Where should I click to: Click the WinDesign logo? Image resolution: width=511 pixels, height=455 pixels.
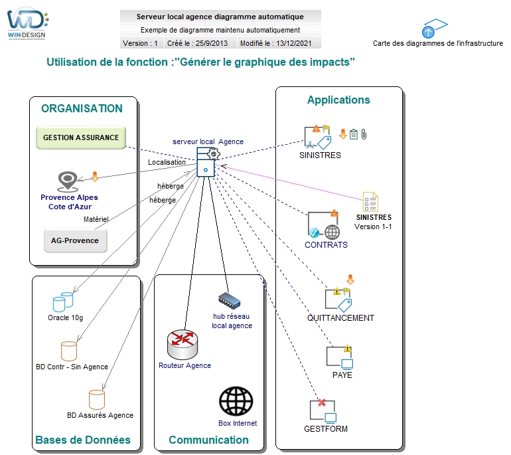tap(27, 23)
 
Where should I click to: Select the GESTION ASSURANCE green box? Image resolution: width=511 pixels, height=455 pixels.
tap(81, 137)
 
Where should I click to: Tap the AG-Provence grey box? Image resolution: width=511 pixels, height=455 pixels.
tap(75, 240)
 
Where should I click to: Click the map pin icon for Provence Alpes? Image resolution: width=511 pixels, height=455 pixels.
tap(68, 181)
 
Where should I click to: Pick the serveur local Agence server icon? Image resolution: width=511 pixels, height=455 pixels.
tap(207, 162)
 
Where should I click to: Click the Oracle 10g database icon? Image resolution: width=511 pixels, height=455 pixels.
tap(63, 302)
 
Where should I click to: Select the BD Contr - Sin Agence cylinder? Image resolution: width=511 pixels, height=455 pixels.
tap(69, 351)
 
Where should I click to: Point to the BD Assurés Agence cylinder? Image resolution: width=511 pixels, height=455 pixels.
tap(97, 400)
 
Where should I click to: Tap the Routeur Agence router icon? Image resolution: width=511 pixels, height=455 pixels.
tap(183, 345)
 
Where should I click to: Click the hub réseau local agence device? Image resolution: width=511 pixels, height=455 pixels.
tap(229, 301)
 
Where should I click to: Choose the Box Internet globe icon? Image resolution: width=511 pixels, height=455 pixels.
tap(236, 401)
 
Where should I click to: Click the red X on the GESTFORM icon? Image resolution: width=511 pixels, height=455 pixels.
tap(322, 403)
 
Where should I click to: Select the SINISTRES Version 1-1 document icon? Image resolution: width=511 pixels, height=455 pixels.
tap(370, 201)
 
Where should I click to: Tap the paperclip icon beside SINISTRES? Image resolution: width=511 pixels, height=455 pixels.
tap(364, 134)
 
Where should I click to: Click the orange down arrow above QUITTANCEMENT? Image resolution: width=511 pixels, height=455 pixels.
tap(350, 279)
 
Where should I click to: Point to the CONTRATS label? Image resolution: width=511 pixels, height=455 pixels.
tap(327, 244)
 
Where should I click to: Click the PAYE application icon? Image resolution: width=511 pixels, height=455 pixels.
tap(340, 357)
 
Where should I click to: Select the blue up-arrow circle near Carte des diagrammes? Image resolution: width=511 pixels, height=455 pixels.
tap(428, 32)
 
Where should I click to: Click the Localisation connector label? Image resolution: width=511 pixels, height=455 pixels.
tap(167, 162)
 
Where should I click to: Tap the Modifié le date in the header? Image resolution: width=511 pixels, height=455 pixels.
tap(275, 43)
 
